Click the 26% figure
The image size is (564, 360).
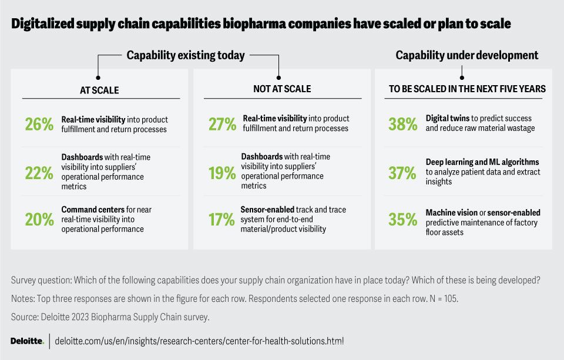[39, 125]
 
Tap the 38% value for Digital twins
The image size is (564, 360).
[403, 125]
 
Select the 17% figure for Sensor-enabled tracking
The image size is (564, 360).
[221, 220]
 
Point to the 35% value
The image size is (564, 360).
[403, 220]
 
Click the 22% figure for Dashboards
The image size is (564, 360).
[39, 173]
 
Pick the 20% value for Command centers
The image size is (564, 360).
[39, 220]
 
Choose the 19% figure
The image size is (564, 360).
[222, 173]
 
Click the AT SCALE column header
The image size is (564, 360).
[99, 90]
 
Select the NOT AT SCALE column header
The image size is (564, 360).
[282, 89]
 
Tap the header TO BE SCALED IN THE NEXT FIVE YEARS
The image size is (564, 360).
[467, 89]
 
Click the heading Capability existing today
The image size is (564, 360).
[186, 55]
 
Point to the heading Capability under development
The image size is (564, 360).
[467, 55]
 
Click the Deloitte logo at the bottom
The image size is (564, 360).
[28, 341]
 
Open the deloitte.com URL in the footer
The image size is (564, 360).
[199, 341]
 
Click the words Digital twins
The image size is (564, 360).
[448, 118]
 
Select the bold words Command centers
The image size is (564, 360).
[93, 209]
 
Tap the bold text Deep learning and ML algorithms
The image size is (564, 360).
[482, 162]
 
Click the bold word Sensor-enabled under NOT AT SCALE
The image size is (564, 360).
[267, 209]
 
